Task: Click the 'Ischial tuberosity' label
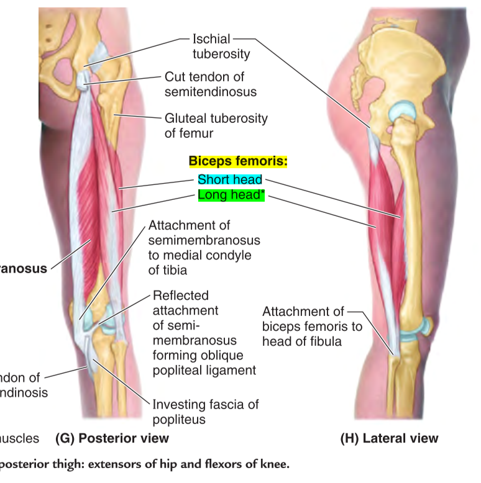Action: coord(221,47)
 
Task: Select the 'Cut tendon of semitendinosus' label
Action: coord(210,84)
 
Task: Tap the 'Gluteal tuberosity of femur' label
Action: coord(216,125)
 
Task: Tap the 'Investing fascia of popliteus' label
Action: coord(205,412)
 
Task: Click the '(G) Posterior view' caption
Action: coord(112,438)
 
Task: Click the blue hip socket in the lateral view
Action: coord(402,114)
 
